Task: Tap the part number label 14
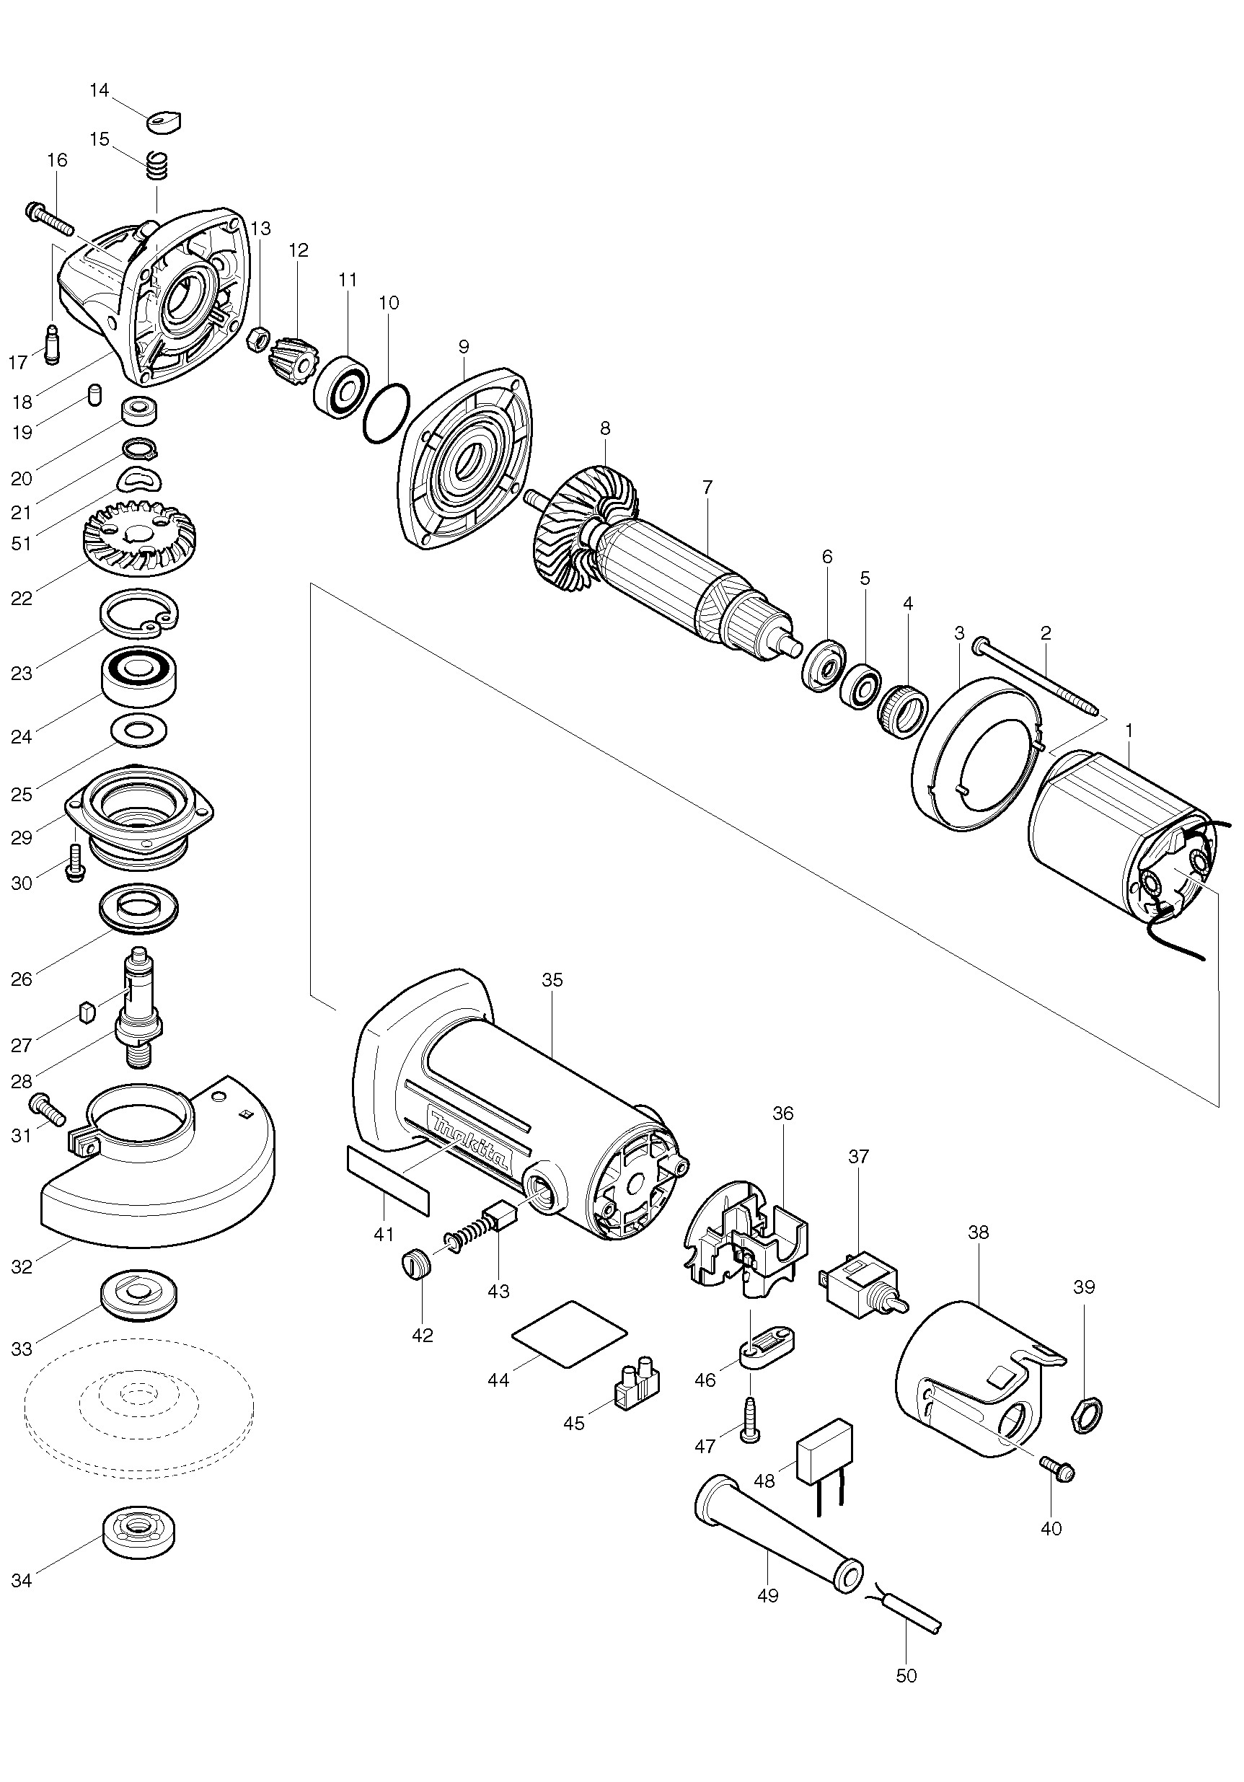(x=100, y=90)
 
